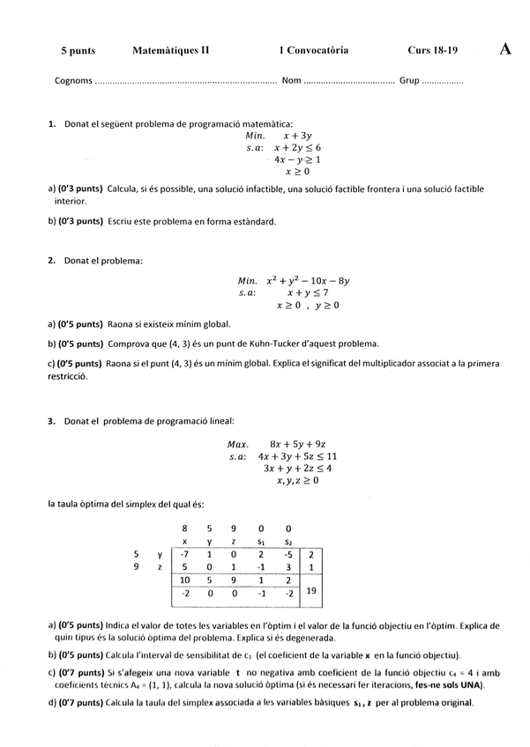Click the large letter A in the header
(505, 49)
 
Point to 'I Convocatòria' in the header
(313, 51)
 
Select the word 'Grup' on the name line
(409, 81)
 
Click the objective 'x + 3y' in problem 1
(298, 137)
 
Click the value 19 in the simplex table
(311, 593)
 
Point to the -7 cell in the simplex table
(183, 555)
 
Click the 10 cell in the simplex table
(183, 581)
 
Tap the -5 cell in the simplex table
(288, 555)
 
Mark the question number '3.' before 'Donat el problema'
(52, 421)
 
